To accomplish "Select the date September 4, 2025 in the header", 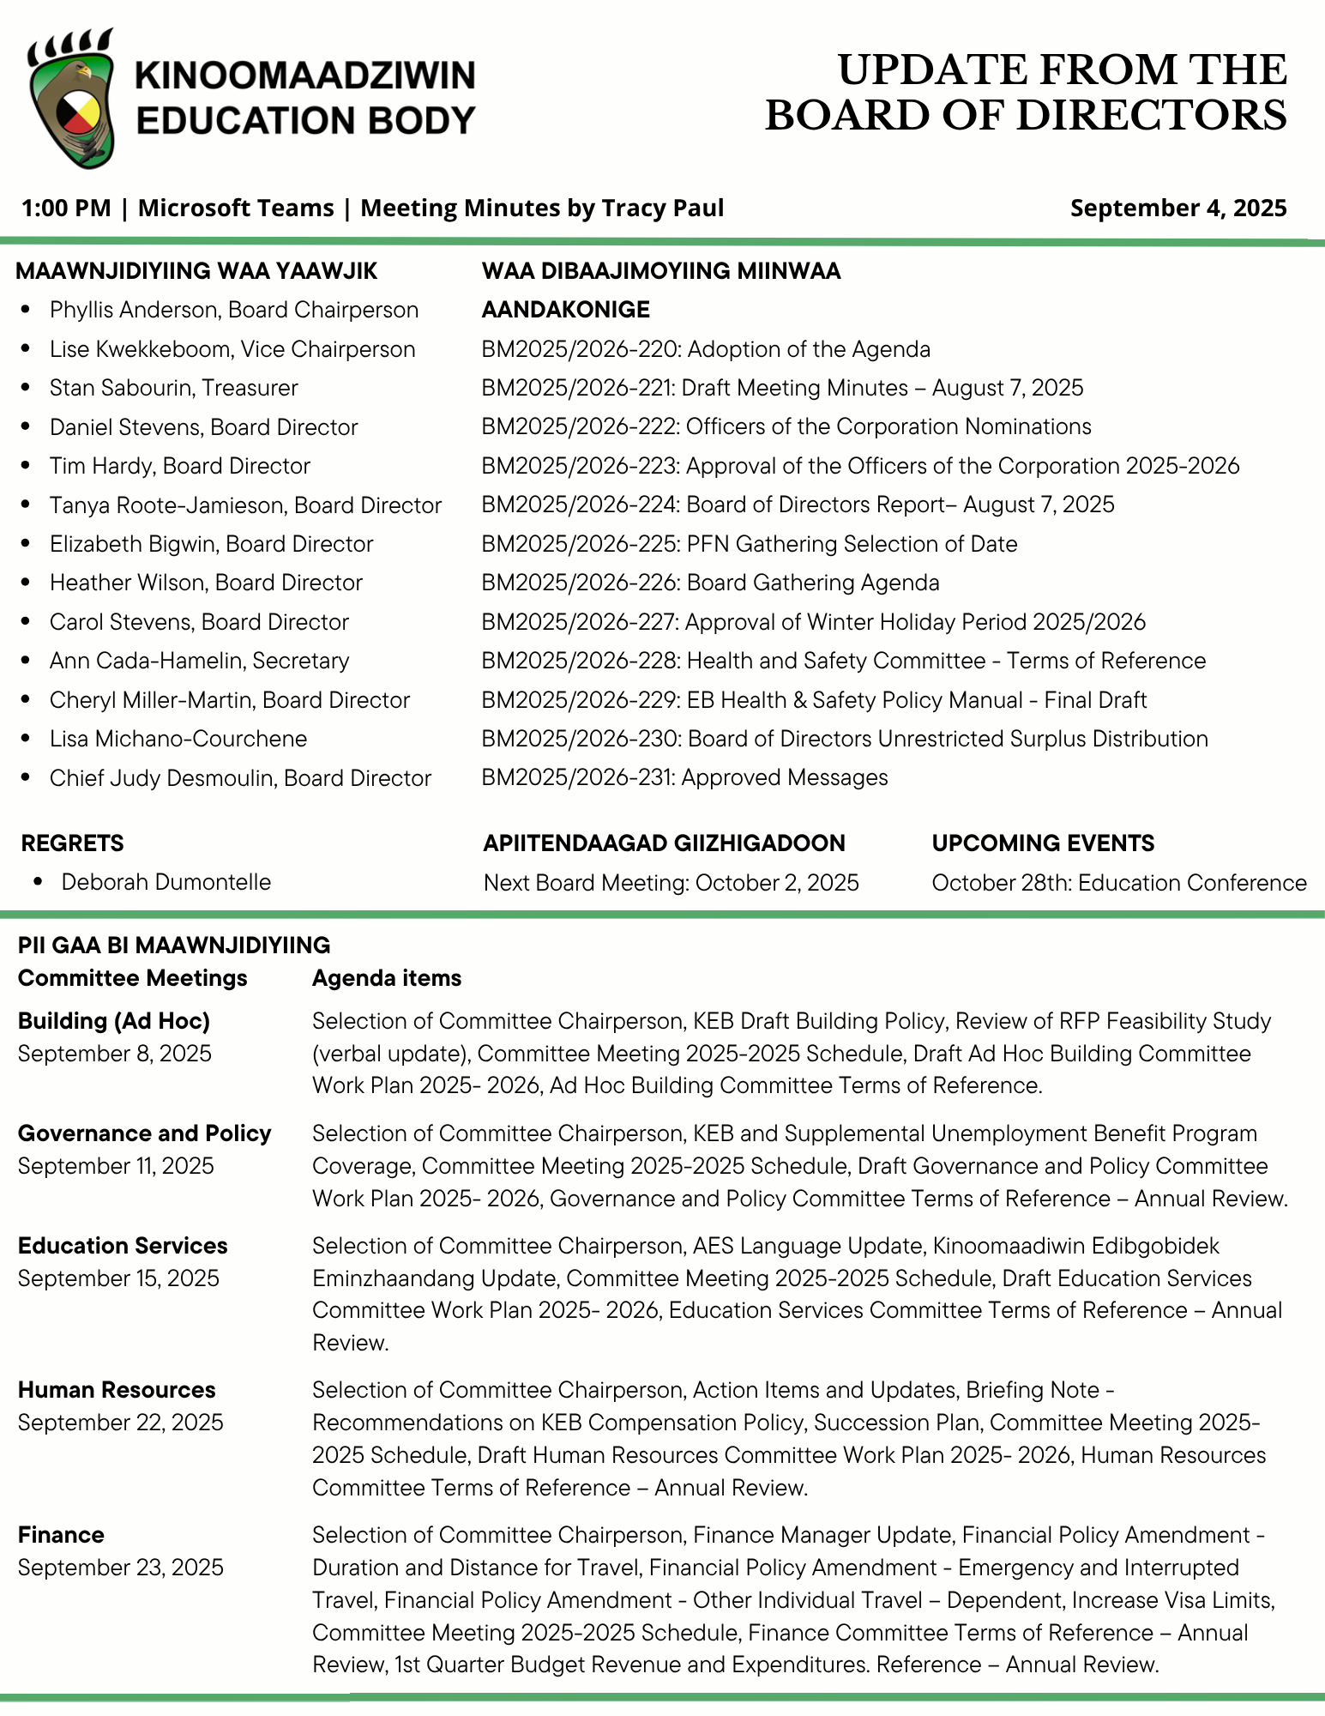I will (x=1177, y=208).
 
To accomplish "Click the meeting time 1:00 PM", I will (x=66, y=208).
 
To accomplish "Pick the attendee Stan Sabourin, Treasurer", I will (x=173, y=388).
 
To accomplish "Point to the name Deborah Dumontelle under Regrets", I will (x=166, y=882).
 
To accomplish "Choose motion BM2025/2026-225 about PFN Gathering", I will (x=749, y=544).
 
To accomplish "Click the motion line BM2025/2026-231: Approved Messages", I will (x=684, y=777).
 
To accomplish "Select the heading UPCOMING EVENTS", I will (x=1043, y=843).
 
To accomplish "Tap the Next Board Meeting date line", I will (x=671, y=883).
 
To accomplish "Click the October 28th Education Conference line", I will (x=1118, y=883).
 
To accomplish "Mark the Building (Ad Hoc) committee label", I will (x=114, y=1021).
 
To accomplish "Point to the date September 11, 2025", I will (x=116, y=1166).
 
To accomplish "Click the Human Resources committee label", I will (x=117, y=1390).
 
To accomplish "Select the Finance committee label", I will (x=61, y=1535).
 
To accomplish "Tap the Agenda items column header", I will (x=386, y=978).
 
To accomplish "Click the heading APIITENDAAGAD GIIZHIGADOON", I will (x=664, y=843).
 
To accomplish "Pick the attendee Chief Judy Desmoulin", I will (x=240, y=778).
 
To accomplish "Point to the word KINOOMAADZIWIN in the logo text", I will (x=305, y=76).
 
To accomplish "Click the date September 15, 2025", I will (x=118, y=1278).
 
